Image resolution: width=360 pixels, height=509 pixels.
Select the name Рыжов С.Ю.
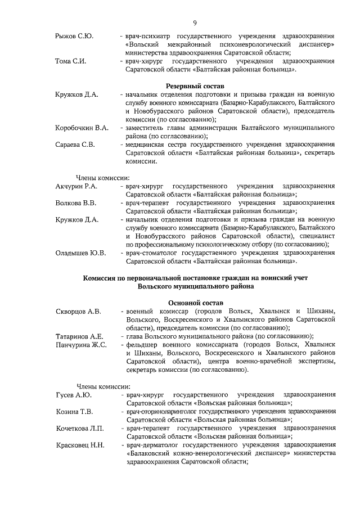(74, 37)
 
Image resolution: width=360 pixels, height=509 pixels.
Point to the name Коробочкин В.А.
(82, 128)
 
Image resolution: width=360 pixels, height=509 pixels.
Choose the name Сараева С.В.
(75, 145)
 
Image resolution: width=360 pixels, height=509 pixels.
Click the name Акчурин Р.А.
(77, 186)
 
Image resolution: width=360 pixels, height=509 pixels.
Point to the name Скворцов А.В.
(79, 311)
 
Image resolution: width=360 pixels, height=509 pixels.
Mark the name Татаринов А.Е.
(80, 336)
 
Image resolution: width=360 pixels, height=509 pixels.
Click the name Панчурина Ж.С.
(82, 345)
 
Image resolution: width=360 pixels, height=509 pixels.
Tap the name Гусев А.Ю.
(74, 395)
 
